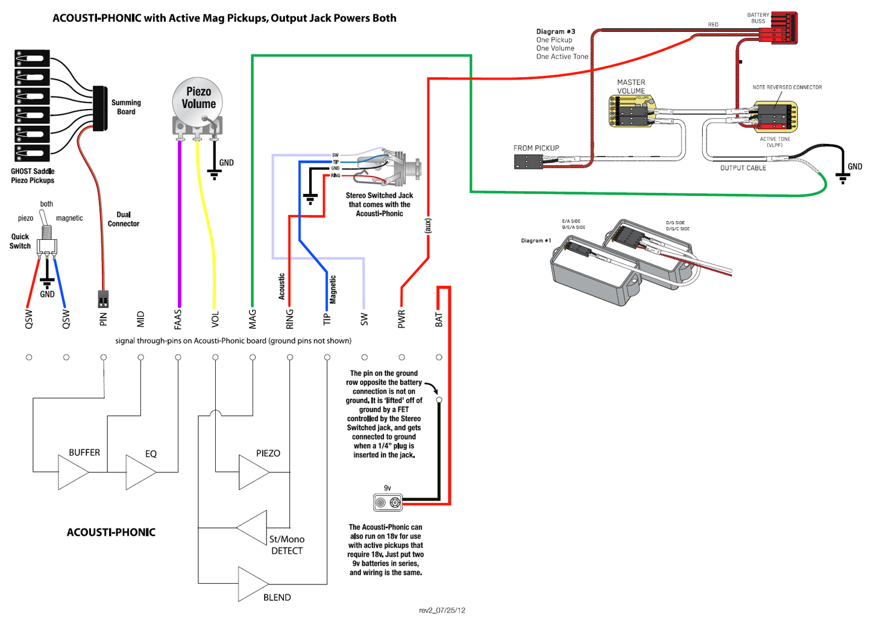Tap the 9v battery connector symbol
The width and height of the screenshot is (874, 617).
tap(388, 502)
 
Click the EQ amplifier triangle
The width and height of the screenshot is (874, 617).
tap(140, 472)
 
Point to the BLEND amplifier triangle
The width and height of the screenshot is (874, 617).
tap(253, 584)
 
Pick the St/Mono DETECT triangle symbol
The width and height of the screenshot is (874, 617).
tap(253, 528)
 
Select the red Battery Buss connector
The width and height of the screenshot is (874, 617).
tap(784, 28)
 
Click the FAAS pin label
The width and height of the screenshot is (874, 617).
tap(178, 320)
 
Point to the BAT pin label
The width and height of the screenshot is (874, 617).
tap(439, 320)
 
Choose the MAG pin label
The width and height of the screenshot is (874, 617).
tap(253, 320)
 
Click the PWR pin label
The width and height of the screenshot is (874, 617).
tap(401, 320)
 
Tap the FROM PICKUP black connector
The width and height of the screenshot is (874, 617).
tap(527, 161)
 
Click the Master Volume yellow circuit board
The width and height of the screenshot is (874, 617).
tap(631, 111)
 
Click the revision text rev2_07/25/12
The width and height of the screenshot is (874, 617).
tap(442, 610)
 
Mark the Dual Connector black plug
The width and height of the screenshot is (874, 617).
tap(103, 299)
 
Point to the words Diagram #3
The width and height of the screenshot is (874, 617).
tap(555, 31)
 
